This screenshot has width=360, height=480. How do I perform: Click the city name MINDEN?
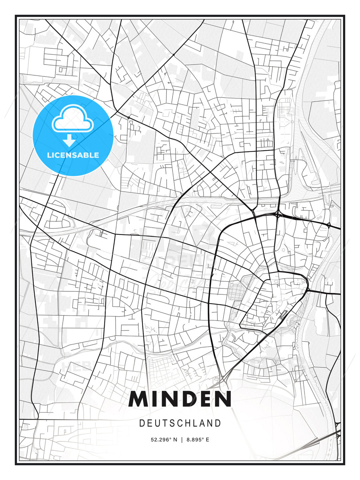point(180,399)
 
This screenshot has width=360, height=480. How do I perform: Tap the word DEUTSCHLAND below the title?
point(180,423)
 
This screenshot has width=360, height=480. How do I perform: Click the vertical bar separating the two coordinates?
point(182,440)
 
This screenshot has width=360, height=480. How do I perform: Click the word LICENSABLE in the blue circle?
point(73,155)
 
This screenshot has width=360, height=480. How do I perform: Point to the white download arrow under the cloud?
point(69,140)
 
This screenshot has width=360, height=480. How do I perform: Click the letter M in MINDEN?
point(139,399)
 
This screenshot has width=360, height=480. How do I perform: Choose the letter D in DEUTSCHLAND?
point(142,423)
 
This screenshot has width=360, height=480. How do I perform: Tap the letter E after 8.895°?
point(207,440)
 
